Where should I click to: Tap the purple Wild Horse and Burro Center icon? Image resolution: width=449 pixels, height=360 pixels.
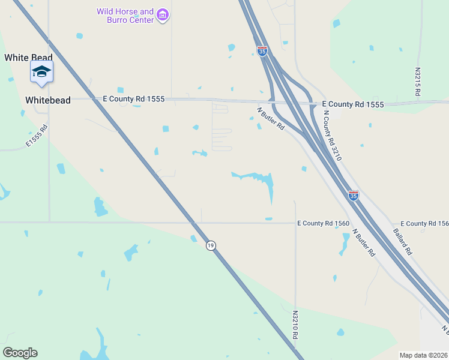162,15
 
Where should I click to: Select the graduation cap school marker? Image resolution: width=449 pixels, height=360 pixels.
41,72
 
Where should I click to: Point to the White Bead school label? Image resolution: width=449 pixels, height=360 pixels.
25,58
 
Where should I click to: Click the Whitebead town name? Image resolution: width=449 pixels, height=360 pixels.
48,100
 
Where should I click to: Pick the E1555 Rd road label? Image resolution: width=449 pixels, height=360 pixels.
37,136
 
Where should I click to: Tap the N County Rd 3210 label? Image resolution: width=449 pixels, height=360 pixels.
332,136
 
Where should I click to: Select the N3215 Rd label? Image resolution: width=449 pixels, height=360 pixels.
418,82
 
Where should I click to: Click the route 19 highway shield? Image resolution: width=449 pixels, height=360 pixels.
210,245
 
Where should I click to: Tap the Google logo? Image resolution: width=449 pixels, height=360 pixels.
20,353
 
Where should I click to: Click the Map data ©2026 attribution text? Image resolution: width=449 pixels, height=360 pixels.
424,355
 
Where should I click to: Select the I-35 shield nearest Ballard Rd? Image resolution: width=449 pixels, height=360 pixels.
354,195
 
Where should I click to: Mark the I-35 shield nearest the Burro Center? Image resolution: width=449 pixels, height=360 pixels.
262,51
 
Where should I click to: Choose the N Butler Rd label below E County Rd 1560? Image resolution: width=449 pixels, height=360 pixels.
364,243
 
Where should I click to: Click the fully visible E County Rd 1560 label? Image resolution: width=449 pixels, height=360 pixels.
324,223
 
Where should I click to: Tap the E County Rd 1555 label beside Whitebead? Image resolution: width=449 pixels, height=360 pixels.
133,98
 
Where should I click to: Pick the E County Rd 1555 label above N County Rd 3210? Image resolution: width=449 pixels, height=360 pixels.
352,104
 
